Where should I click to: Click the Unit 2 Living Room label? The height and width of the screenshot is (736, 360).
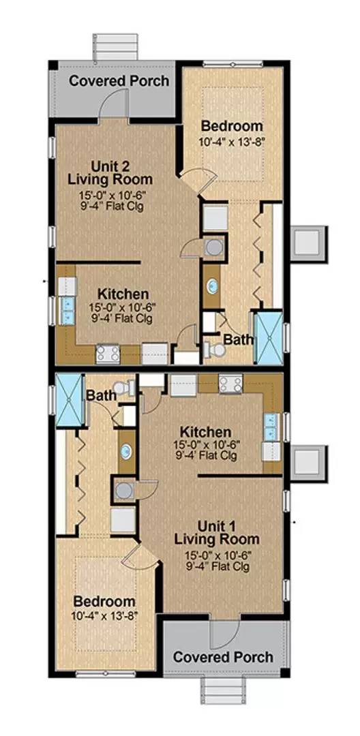pos(110,172)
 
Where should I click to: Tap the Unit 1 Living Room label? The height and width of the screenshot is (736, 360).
pos(216,532)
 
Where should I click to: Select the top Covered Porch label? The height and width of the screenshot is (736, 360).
pos(119,80)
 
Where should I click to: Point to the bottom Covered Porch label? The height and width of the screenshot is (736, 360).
pos(223,657)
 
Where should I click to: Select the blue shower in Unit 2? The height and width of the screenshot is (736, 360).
pos(268,337)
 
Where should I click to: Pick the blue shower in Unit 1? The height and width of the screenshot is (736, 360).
pos(70,400)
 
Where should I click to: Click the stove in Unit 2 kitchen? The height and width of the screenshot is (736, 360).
pos(108,354)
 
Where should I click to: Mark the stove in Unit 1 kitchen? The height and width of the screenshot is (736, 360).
pos(230,384)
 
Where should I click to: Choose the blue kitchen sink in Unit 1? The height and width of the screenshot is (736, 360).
pos(272,427)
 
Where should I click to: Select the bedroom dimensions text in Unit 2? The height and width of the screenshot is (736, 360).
pos(231,141)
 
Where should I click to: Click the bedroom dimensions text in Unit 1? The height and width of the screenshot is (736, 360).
pos(104,615)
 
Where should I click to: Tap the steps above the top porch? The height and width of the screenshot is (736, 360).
pos(115,47)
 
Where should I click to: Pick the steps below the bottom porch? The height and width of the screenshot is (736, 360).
pos(224,692)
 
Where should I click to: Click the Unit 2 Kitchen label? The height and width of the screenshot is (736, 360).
pos(123,294)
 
